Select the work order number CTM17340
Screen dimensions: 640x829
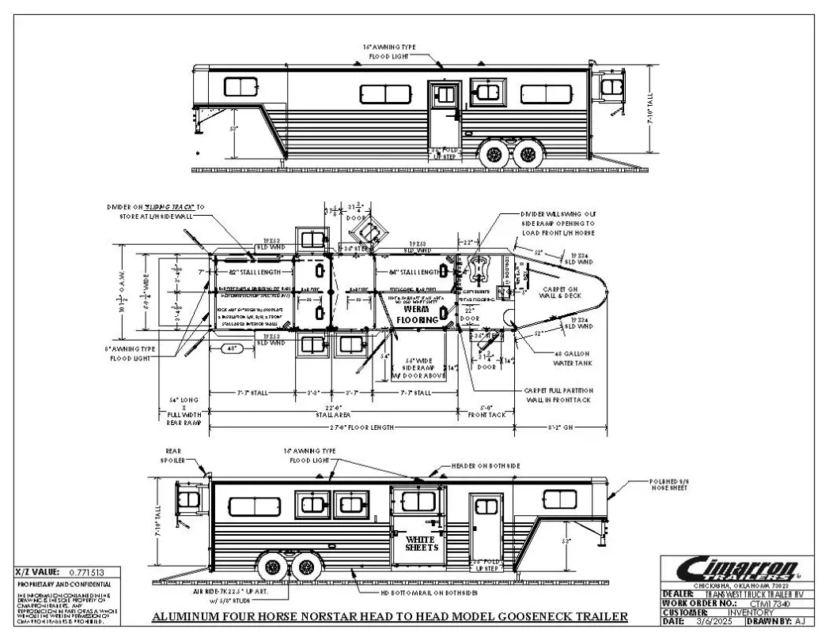point(749,603)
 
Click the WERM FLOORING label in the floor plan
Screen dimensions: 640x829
point(421,314)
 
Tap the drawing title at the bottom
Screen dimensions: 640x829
point(390,616)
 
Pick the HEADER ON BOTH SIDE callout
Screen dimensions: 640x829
point(485,467)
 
